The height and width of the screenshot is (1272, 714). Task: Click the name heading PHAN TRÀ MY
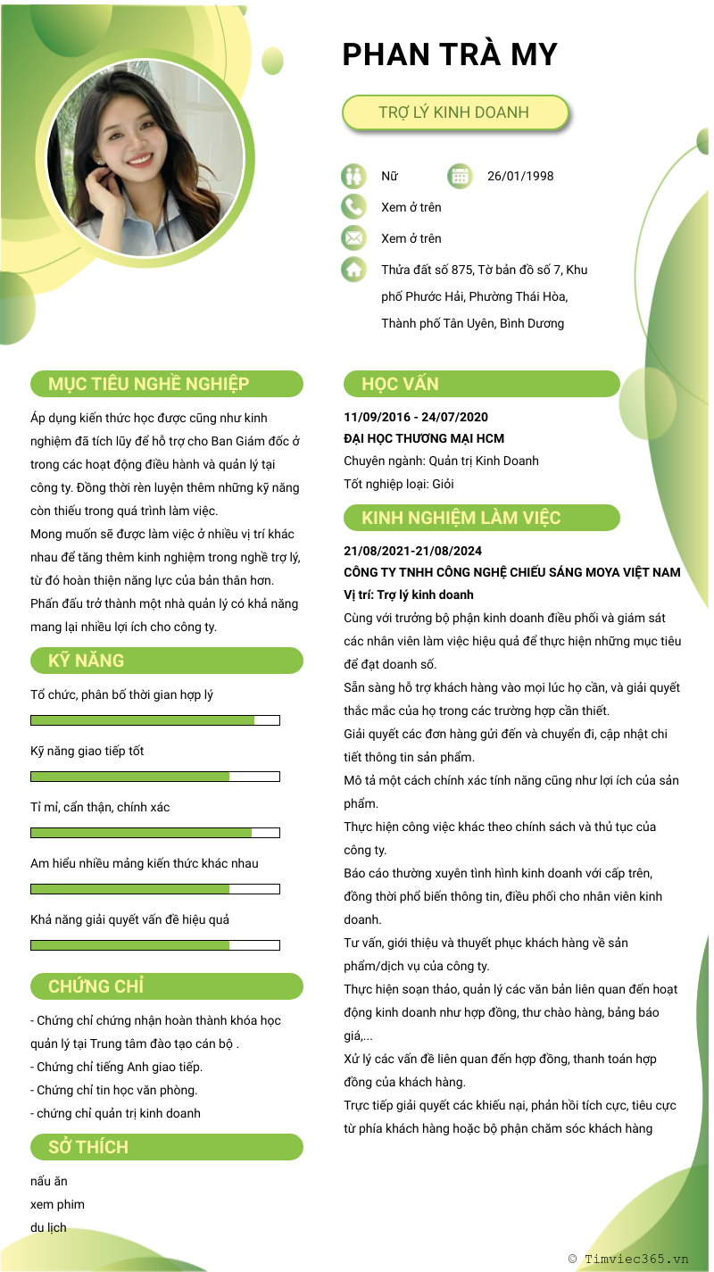click(x=450, y=54)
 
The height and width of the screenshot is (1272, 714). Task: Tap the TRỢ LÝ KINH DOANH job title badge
click(x=454, y=112)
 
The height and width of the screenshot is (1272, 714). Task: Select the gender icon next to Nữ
click(x=353, y=176)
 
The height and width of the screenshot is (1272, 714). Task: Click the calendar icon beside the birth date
click(x=460, y=176)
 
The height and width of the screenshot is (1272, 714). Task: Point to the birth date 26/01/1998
click(x=520, y=176)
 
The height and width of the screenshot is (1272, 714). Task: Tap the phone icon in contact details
click(x=353, y=207)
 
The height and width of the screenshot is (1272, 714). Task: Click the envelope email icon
click(x=353, y=238)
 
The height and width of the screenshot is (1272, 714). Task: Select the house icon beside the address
click(x=353, y=269)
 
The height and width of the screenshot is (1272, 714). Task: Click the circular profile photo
click(x=145, y=159)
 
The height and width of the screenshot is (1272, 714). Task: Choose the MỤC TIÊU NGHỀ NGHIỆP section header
click(x=167, y=385)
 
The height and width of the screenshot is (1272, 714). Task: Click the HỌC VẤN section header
click(x=481, y=385)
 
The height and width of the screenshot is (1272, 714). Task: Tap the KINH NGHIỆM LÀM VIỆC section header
click(x=481, y=519)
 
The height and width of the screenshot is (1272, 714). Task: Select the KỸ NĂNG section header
click(x=167, y=661)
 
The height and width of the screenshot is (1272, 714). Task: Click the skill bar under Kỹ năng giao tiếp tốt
click(x=155, y=777)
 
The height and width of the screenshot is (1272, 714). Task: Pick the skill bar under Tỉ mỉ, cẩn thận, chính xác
click(x=155, y=833)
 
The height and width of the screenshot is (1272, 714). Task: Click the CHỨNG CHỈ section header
click(x=167, y=986)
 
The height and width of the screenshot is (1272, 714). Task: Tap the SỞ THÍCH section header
click(x=167, y=1147)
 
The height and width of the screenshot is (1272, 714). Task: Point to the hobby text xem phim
click(x=57, y=1204)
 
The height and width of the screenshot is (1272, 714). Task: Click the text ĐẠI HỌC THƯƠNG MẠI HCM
click(x=424, y=438)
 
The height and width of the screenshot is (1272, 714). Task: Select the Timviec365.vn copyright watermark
click(x=628, y=1259)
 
